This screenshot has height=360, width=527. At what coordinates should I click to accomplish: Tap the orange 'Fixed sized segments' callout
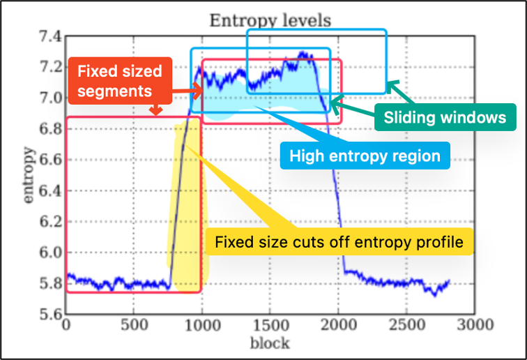[x=119, y=81]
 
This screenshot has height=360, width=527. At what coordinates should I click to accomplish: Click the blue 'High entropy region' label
[x=365, y=156]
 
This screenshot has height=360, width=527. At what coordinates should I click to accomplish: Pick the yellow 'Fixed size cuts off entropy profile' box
[x=339, y=242]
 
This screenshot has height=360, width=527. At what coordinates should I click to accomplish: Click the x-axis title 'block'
[x=270, y=342]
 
